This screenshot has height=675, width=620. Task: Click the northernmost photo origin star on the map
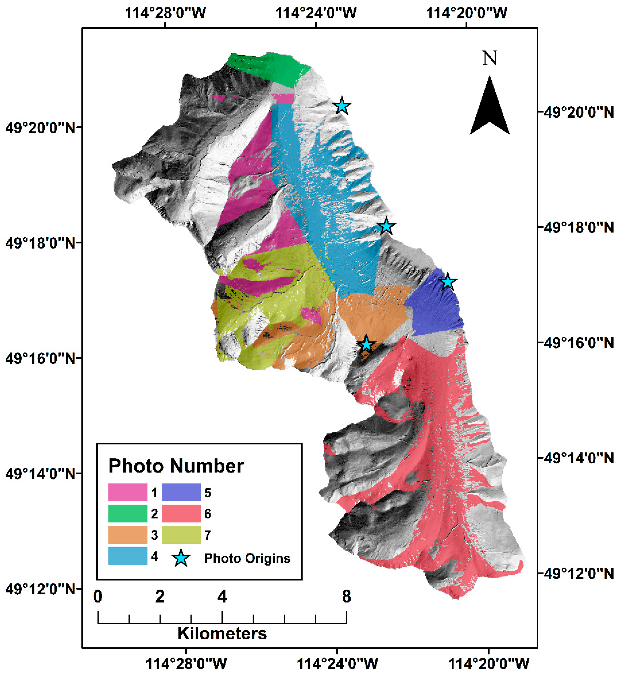(x=342, y=106)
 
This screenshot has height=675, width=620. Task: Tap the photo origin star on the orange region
(x=366, y=344)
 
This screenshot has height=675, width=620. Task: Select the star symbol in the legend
(x=181, y=558)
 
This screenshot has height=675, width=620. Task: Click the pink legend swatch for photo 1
(x=128, y=492)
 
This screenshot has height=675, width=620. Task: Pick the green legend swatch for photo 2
(x=128, y=513)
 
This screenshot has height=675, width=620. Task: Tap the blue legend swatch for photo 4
(x=128, y=556)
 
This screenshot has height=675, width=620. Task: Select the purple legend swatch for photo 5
(x=181, y=492)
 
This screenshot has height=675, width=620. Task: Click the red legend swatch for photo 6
(x=181, y=513)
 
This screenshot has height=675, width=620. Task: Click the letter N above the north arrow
(x=490, y=58)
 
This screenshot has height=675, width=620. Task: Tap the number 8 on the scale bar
(x=346, y=597)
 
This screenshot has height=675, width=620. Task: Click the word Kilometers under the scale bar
(x=222, y=633)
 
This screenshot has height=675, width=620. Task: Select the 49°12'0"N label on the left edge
(x=40, y=589)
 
